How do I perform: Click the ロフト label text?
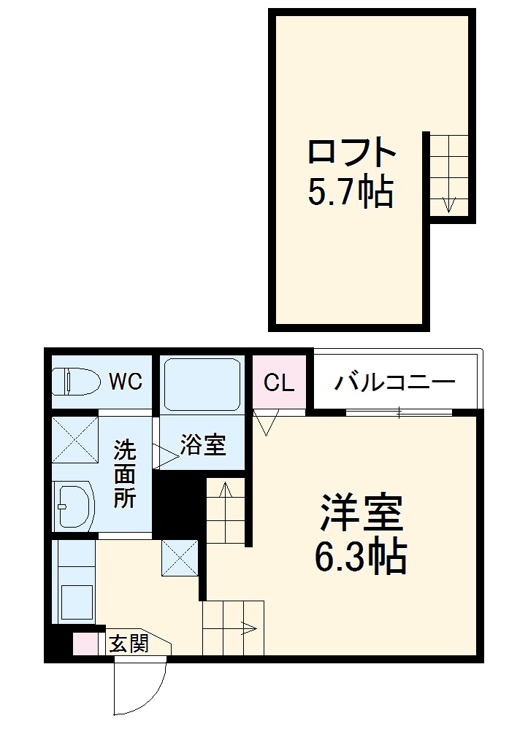tap(352, 153)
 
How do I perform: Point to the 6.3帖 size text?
tap(361, 558)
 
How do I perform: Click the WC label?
tap(125, 381)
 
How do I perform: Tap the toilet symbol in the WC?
tap(75, 382)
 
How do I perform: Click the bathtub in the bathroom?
tap(202, 385)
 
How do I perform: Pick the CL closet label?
tap(279, 382)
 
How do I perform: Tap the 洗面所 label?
tap(124, 475)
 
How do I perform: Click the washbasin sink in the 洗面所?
tap(73, 505)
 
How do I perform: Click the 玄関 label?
tap(129, 644)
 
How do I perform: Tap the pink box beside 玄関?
tap(85, 644)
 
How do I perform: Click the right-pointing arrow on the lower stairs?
tap(249, 627)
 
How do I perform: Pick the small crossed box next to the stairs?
tap(179, 558)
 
